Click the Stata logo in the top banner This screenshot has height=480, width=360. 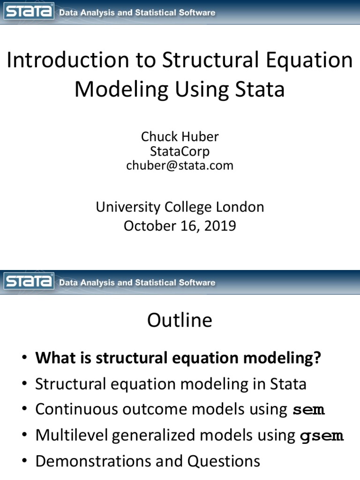(x=29, y=12)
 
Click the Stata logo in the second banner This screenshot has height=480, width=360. (x=29, y=282)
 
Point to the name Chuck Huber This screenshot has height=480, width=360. (x=180, y=136)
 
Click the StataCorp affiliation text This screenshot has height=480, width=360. (x=180, y=151)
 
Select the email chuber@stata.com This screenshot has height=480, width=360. (x=180, y=165)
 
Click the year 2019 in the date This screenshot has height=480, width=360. (x=220, y=226)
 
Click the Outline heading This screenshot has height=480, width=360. (x=180, y=321)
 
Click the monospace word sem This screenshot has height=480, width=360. (x=308, y=410)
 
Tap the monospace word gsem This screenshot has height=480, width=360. (x=322, y=436)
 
